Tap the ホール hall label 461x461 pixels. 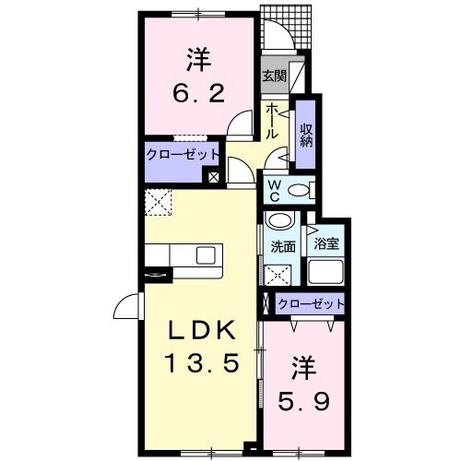(x=273, y=122)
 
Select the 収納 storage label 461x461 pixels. (x=306, y=135)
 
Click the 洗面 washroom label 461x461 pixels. (x=283, y=247)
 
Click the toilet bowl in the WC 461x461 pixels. (x=301, y=191)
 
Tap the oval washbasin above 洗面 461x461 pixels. (x=279, y=221)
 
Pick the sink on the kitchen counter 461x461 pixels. (x=205, y=255)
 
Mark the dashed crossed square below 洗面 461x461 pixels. (x=279, y=273)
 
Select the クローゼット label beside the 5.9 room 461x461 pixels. (x=310, y=303)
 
